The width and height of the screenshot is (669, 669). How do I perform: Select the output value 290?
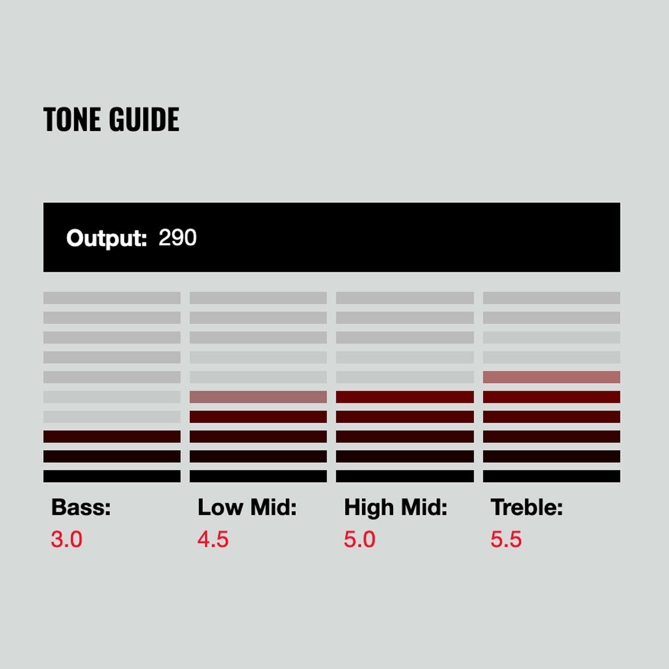(177, 238)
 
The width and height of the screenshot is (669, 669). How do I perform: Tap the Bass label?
(81, 507)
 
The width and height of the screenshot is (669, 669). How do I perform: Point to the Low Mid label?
(247, 507)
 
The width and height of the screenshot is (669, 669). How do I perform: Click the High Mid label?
(395, 507)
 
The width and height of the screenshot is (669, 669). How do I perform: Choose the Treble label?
(526, 507)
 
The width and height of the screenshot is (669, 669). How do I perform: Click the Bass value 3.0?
(67, 539)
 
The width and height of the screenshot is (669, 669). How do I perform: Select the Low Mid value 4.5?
(213, 539)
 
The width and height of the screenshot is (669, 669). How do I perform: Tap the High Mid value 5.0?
(359, 539)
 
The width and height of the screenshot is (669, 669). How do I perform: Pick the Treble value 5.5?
(506, 539)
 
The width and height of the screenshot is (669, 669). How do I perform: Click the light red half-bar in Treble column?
(551, 377)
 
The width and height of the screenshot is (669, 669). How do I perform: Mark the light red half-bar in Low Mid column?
(258, 397)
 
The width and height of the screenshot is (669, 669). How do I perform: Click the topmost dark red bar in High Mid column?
(405, 397)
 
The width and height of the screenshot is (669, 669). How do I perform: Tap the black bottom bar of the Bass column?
(112, 476)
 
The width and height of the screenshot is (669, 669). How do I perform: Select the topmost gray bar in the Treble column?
(551, 298)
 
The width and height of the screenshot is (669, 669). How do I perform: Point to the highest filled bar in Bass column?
(112, 437)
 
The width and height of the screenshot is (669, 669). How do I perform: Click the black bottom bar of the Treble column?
(551, 476)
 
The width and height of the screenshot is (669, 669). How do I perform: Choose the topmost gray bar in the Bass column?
(112, 298)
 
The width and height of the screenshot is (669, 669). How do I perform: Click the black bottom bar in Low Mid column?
(258, 476)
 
